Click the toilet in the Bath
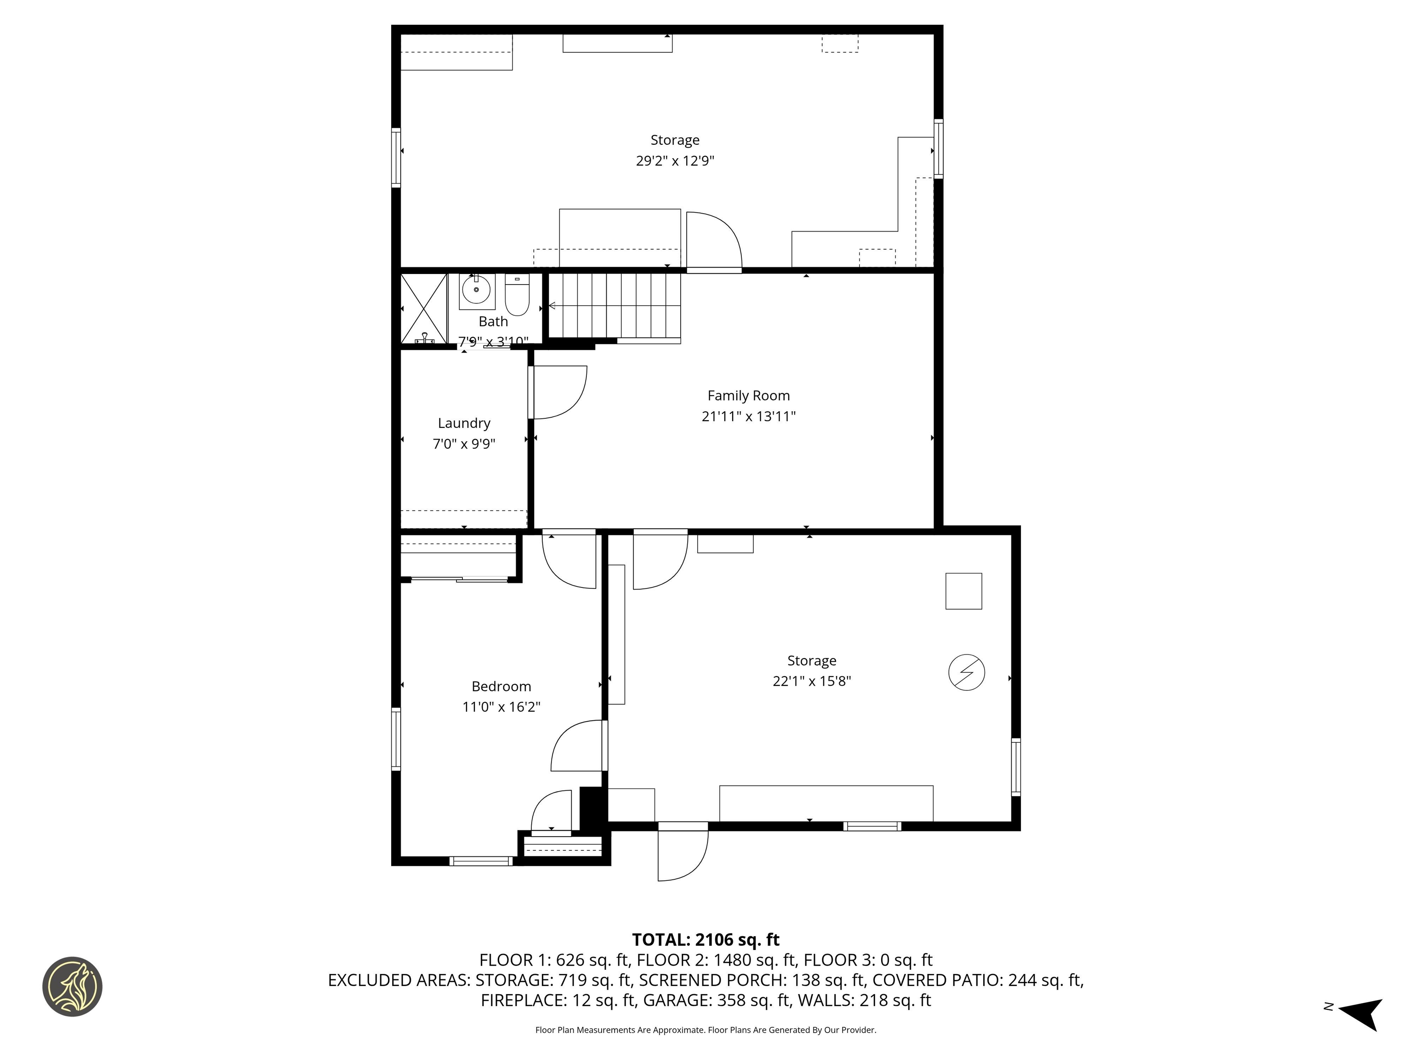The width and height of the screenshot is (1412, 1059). [x=517, y=296]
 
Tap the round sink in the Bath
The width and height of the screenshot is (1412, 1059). [x=476, y=290]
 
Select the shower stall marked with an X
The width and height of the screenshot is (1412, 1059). [x=423, y=309]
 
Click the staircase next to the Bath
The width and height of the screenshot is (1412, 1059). [x=614, y=306]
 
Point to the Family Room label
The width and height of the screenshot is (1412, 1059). [x=748, y=396]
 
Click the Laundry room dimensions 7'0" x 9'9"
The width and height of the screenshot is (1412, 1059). [x=464, y=444]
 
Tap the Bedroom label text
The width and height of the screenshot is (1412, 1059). [x=501, y=686]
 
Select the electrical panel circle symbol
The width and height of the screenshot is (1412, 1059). [x=967, y=672]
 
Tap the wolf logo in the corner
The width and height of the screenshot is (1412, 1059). [x=72, y=986]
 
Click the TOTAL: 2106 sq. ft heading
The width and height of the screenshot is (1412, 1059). [x=706, y=939]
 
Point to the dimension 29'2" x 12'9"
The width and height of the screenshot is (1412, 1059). [x=675, y=161]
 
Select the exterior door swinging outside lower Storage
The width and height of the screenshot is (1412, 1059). [x=683, y=853]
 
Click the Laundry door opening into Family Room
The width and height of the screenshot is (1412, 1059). [x=558, y=392]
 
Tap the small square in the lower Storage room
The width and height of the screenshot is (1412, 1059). [x=963, y=591]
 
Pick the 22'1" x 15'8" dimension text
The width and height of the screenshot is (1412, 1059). [x=811, y=681]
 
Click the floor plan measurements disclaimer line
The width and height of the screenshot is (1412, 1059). [x=706, y=1030]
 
